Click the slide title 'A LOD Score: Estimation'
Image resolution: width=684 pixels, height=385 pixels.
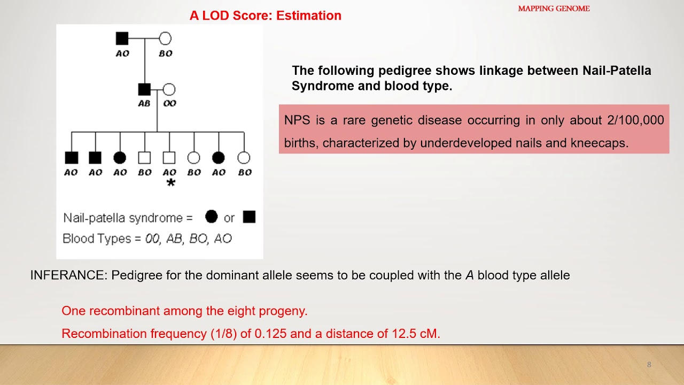click(x=265, y=16)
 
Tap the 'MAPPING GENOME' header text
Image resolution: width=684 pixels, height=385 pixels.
click(x=554, y=9)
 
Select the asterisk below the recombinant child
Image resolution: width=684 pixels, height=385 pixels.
click(x=170, y=183)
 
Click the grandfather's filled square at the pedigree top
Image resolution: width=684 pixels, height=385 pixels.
click(x=122, y=38)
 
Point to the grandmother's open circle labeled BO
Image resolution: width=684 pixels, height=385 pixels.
click(x=165, y=38)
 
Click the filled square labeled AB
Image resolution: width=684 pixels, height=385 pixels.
click(x=144, y=89)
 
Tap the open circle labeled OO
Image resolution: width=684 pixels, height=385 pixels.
click(x=169, y=89)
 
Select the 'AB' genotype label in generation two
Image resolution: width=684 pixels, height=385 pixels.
click(x=144, y=103)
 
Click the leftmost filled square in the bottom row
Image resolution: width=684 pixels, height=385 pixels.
click(x=71, y=158)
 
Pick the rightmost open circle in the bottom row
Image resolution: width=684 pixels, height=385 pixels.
click(x=244, y=158)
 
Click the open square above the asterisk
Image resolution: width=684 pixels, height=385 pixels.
click(x=169, y=158)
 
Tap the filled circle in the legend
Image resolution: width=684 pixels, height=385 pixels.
click(x=211, y=217)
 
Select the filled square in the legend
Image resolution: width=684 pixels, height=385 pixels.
click(x=249, y=217)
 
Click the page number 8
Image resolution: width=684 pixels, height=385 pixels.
click(x=649, y=365)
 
